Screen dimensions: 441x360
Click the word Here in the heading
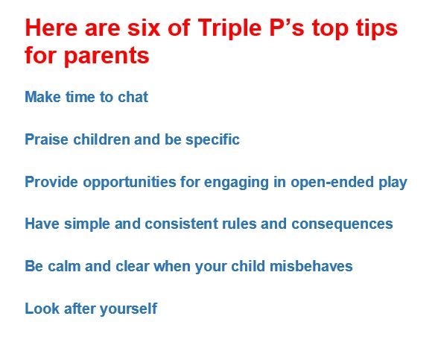pyautogui.click(x=51, y=28)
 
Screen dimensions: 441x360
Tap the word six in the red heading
pyautogui.click(x=144, y=28)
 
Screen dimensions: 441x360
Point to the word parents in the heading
pyautogui.click(x=107, y=57)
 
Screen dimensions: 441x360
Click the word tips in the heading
pyautogui.click(x=377, y=30)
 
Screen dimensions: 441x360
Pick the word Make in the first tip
pyautogui.click(x=42, y=97)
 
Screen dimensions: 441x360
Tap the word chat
pyautogui.click(x=133, y=97)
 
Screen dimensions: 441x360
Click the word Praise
pyautogui.click(x=47, y=139)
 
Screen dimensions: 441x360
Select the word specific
pyautogui.click(x=212, y=140)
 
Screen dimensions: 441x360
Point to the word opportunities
pyautogui.click(x=130, y=183)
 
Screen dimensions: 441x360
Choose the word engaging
pyautogui.click(x=236, y=183)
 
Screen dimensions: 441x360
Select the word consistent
pyautogui.click(x=182, y=224)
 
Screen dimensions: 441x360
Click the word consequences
pyautogui.click(x=342, y=225)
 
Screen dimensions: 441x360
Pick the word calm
pyautogui.click(x=64, y=266)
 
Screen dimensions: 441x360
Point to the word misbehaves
pyautogui.click(x=311, y=266)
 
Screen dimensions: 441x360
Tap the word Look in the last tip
pyautogui.click(x=42, y=309)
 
